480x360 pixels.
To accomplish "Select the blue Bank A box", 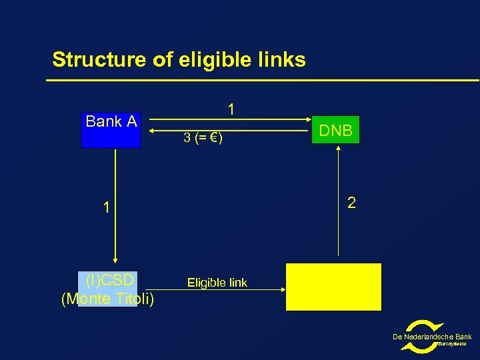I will point(111,131).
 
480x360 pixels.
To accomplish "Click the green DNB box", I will point(336,131).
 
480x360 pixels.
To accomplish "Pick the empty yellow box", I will point(333,287).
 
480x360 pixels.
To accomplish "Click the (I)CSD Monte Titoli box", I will point(107,289).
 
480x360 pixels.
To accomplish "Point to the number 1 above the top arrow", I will point(231,109).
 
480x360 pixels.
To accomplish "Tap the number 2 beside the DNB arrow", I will point(351,202).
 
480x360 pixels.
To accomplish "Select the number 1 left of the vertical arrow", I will point(105,207).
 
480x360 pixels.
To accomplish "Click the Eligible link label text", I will point(217,283).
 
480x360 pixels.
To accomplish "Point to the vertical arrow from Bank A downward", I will point(115,207).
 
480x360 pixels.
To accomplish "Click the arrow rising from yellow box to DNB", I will point(339,200).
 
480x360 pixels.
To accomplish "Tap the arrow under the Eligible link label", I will point(227,290).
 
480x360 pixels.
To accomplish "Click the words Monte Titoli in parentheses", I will point(107,299).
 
